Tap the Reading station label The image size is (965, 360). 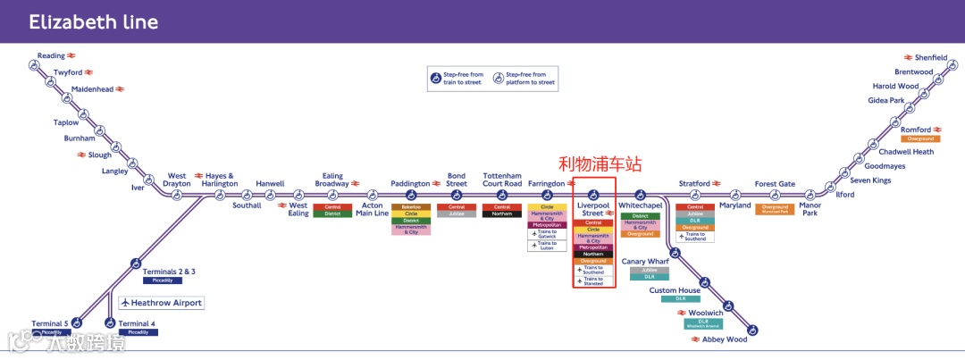(51, 55)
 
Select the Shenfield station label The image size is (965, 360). (931, 57)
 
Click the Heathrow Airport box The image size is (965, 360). (162, 303)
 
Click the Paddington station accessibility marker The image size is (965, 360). (411, 195)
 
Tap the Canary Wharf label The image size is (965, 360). (645, 262)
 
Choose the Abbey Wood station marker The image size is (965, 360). (752, 331)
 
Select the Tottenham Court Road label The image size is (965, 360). (502, 180)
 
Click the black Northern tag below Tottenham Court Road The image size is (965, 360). (502, 214)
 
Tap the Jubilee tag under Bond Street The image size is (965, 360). (457, 214)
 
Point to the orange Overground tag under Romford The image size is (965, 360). (919, 139)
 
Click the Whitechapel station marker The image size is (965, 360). (641, 194)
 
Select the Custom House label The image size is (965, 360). (675, 290)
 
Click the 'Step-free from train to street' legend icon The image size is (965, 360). (436, 79)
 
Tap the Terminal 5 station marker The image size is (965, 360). (76, 322)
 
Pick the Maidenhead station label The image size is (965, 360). (93, 89)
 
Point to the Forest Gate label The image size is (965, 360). (774, 184)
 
